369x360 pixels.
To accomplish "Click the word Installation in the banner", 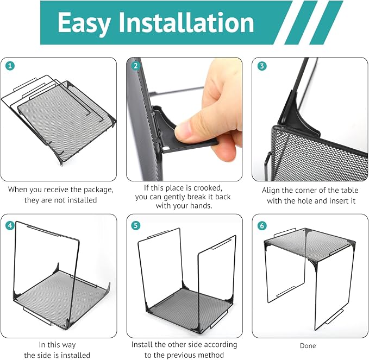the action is tap(186, 22).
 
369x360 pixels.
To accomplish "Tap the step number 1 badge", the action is tap(10, 66).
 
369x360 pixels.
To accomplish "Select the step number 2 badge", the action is tap(135, 66).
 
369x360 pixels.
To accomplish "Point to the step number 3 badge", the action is tap(262, 66).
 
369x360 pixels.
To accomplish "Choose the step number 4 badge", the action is tap(10, 225).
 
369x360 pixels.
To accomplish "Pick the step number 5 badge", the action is tap(135, 225).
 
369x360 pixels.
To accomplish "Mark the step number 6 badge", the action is tap(262, 226).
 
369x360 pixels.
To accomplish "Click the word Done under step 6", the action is tap(308, 345).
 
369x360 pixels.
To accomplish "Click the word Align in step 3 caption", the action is tap(271, 190).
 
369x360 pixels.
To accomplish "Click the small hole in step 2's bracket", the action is tap(166, 148).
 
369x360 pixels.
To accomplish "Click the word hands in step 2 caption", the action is tap(201, 206).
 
